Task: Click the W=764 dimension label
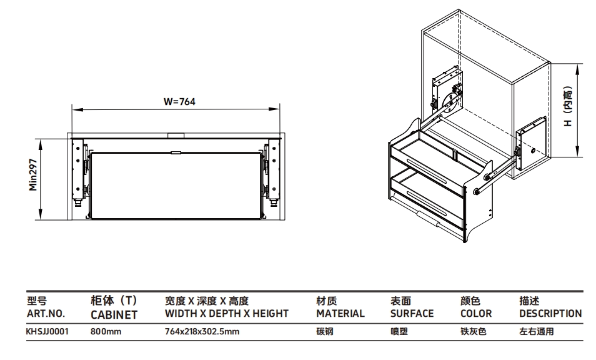pos(180,101)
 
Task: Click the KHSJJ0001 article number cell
pos(47,332)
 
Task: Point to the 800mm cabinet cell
pos(106,332)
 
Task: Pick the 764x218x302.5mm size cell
pos(202,332)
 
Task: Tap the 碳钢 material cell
pos(324,332)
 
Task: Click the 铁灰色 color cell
pos(472,332)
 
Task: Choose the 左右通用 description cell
pos(536,332)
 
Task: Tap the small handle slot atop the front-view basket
pos(176,151)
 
